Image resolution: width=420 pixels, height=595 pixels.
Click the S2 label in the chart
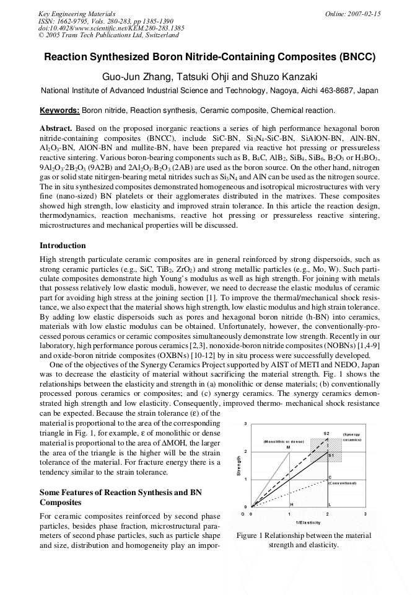[x=326, y=432]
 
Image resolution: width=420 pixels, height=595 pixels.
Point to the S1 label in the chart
[x=331, y=455]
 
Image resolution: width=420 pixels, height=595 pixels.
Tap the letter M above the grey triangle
[x=288, y=447]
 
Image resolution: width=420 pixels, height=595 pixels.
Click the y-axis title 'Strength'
[x=239, y=466]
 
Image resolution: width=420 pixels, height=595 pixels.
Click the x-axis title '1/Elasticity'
[x=308, y=523]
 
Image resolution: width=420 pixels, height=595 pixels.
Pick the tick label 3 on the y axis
[x=246, y=424]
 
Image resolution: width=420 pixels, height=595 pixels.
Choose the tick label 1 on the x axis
[x=289, y=514]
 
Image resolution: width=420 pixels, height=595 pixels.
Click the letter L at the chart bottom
[x=330, y=504]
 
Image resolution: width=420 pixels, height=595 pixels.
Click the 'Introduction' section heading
[x=63, y=246]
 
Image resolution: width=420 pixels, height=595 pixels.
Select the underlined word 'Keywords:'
[x=59, y=110]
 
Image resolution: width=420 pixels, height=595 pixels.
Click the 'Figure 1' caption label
[x=253, y=535]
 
